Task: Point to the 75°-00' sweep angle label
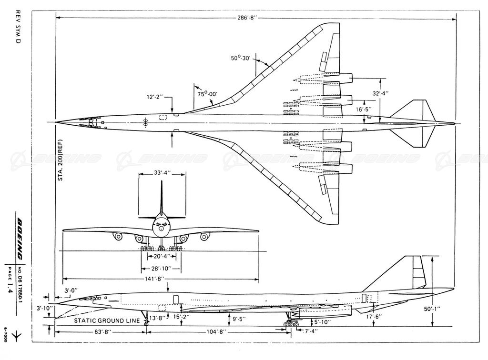click(x=208, y=94)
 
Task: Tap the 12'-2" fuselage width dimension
click(x=155, y=97)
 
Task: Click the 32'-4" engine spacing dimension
click(x=380, y=94)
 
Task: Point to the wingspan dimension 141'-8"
click(x=161, y=279)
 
